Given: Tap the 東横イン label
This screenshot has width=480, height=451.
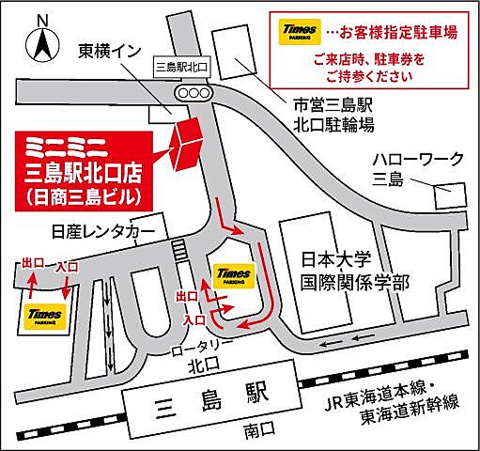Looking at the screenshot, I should coord(109,52).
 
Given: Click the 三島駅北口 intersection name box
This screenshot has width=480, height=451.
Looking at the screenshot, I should coord(182,67).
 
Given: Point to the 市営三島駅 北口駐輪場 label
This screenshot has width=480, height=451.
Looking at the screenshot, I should coord(333,115).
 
